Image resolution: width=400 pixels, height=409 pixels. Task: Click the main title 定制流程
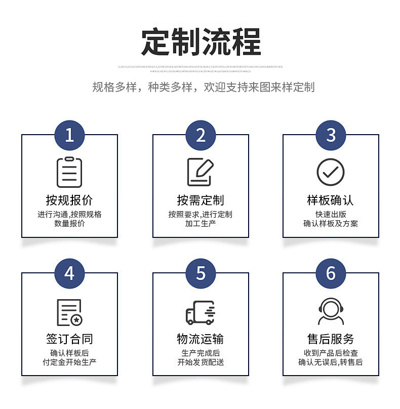(201, 42)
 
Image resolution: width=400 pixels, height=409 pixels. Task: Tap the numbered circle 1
(69, 135)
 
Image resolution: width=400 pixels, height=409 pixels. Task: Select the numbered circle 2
(201, 135)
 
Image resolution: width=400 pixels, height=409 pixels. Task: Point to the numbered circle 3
(331, 135)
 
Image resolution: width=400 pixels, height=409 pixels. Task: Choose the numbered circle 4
(69, 273)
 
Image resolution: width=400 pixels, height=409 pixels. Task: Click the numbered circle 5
(201, 273)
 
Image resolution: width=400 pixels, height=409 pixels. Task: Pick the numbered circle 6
(331, 273)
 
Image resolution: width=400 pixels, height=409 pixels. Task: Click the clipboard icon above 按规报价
(69, 172)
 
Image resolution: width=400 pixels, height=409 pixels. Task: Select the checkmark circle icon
(331, 172)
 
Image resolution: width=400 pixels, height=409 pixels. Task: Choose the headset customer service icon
(331, 311)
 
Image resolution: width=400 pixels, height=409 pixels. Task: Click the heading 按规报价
(69, 200)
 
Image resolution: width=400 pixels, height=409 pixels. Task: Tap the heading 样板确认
(331, 200)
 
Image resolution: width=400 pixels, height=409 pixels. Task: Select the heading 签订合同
(69, 339)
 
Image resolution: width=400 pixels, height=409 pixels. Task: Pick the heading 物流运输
(201, 339)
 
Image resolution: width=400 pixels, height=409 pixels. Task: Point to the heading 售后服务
(331, 339)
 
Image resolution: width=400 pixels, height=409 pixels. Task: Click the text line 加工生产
(201, 223)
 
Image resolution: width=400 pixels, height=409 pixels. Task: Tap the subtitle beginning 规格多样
(203, 87)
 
